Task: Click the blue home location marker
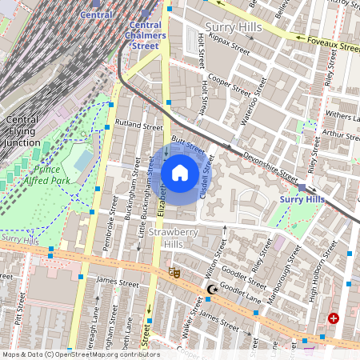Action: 180,173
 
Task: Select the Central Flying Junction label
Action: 22,131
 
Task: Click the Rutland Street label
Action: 138,126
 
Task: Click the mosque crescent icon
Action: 211,290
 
